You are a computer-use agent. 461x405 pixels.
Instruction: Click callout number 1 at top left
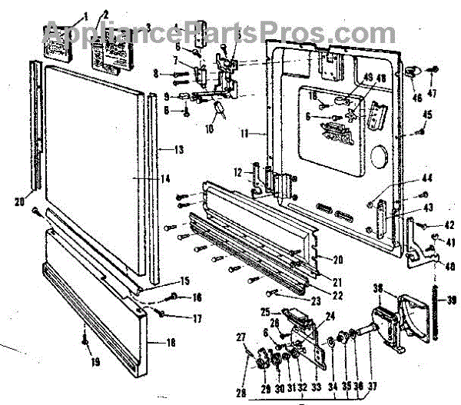(86, 15)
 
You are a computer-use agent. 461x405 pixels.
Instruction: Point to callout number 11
(244, 134)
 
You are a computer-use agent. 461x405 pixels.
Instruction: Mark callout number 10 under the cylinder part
(207, 129)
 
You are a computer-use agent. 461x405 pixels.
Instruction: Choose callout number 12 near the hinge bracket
(237, 170)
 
